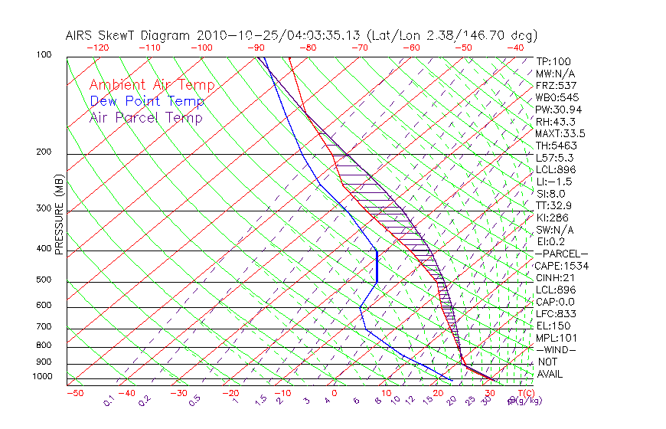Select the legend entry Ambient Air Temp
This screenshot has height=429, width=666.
[x=152, y=85]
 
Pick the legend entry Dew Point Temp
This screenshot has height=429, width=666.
[x=146, y=101]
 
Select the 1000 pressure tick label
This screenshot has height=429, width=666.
[x=43, y=377]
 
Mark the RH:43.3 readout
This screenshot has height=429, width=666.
[x=556, y=122]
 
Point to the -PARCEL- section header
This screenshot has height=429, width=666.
[x=561, y=254]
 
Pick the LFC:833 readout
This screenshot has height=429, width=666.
[x=556, y=313]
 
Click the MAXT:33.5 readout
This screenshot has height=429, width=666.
[x=561, y=133]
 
